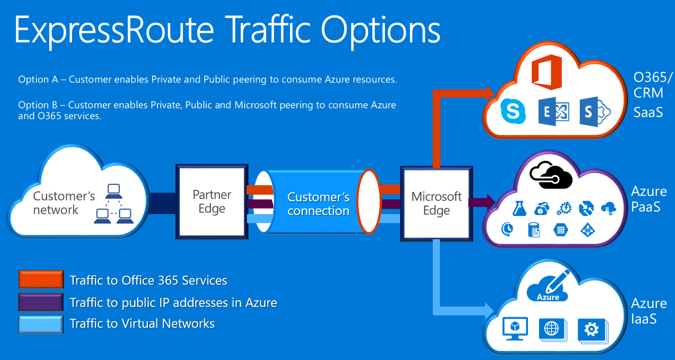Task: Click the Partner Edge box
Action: (212, 202)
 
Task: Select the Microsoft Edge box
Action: (436, 203)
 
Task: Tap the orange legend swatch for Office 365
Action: (41, 279)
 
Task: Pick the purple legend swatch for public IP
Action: (41, 302)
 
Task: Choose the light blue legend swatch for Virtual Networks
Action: (41, 324)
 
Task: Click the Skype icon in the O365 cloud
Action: (513, 112)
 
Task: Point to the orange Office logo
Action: (547, 72)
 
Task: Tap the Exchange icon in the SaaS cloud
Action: (553, 112)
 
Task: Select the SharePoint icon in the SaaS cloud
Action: (594, 112)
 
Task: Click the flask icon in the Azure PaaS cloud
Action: (520, 208)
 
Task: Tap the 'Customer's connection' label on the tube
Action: (319, 204)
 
